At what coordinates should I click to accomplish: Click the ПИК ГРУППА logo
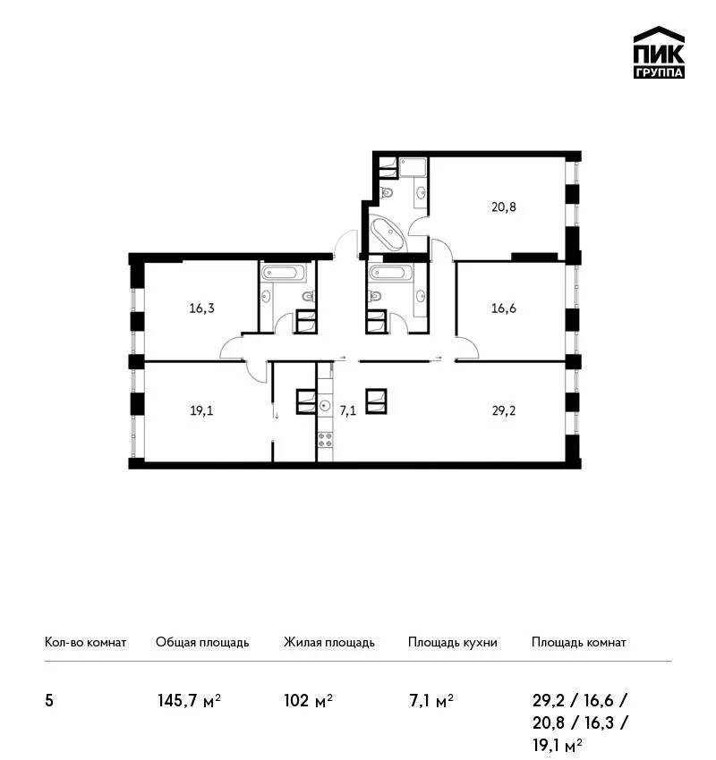659,53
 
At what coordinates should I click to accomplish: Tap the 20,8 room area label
504,207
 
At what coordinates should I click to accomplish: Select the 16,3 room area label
201,308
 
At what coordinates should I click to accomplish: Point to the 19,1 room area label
201,411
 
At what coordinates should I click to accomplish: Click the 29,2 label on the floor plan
504,411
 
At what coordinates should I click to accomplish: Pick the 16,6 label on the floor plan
504,308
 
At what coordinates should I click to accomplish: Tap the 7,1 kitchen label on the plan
348,411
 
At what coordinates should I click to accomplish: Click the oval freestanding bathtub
388,234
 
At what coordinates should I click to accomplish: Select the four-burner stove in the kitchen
325,440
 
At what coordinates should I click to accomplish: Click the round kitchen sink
325,405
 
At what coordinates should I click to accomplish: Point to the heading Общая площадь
202,643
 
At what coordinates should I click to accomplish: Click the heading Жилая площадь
328,643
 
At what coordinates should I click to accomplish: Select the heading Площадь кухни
453,643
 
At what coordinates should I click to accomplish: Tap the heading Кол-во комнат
85,643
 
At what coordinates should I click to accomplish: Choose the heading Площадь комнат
579,643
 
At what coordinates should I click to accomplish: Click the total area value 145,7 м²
189,701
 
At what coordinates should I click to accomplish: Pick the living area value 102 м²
308,701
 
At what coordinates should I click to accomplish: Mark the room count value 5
49,701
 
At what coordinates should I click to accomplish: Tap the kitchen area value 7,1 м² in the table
430,701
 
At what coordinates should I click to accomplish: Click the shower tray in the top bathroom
413,168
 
